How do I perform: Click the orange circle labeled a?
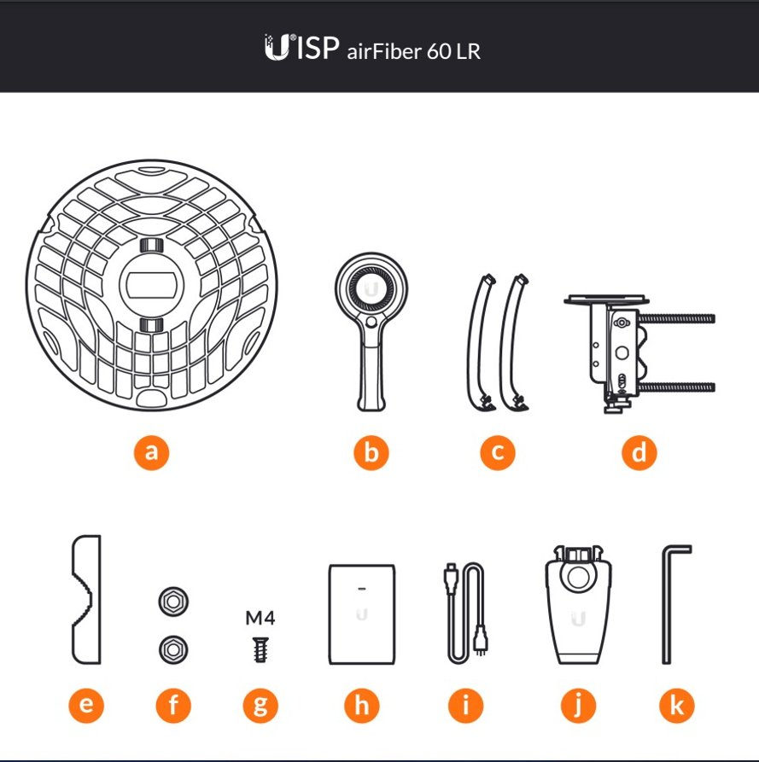pyautogui.click(x=151, y=452)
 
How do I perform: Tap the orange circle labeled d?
pyautogui.click(x=639, y=452)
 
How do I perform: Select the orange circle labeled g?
pyautogui.click(x=260, y=705)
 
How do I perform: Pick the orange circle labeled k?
pyautogui.click(x=677, y=705)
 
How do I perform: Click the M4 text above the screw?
pyautogui.click(x=260, y=618)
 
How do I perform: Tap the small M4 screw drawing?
pyautogui.click(x=260, y=649)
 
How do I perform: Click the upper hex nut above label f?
pyautogui.click(x=173, y=602)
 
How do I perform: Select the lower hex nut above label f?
pyautogui.click(x=173, y=649)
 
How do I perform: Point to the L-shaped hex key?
pyautogui.click(x=666, y=605)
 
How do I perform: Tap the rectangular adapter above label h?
pyautogui.click(x=362, y=614)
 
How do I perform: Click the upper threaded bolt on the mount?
pyautogui.click(x=677, y=319)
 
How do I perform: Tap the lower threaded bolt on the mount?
pyautogui.click(x=677, y=387)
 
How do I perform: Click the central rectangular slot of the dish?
pyautogui.click(x=151, y=286)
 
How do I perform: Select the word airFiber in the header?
pyautogui.click(x=384, y=51)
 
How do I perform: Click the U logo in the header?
pyautogui.click(x=277, y=47)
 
